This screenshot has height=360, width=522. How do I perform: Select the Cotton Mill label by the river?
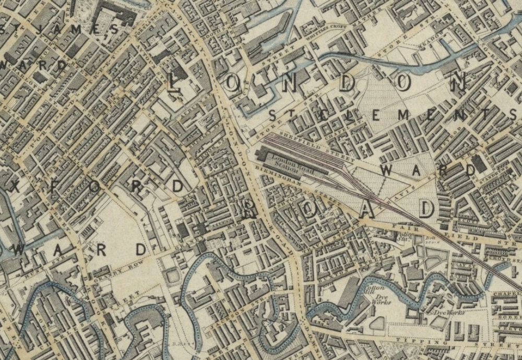tap(377, 290)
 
